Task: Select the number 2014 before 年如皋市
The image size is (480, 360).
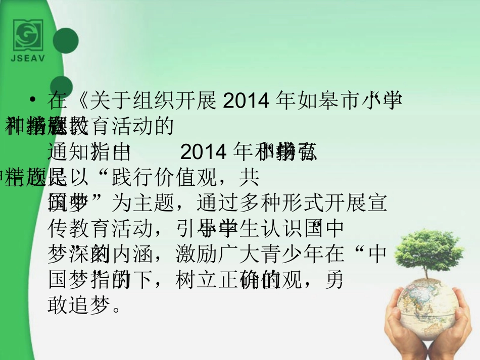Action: tap(247, 101)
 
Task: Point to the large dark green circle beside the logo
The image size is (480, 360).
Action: tap(66, 40)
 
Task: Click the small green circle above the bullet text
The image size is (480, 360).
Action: tap(62, 85)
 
